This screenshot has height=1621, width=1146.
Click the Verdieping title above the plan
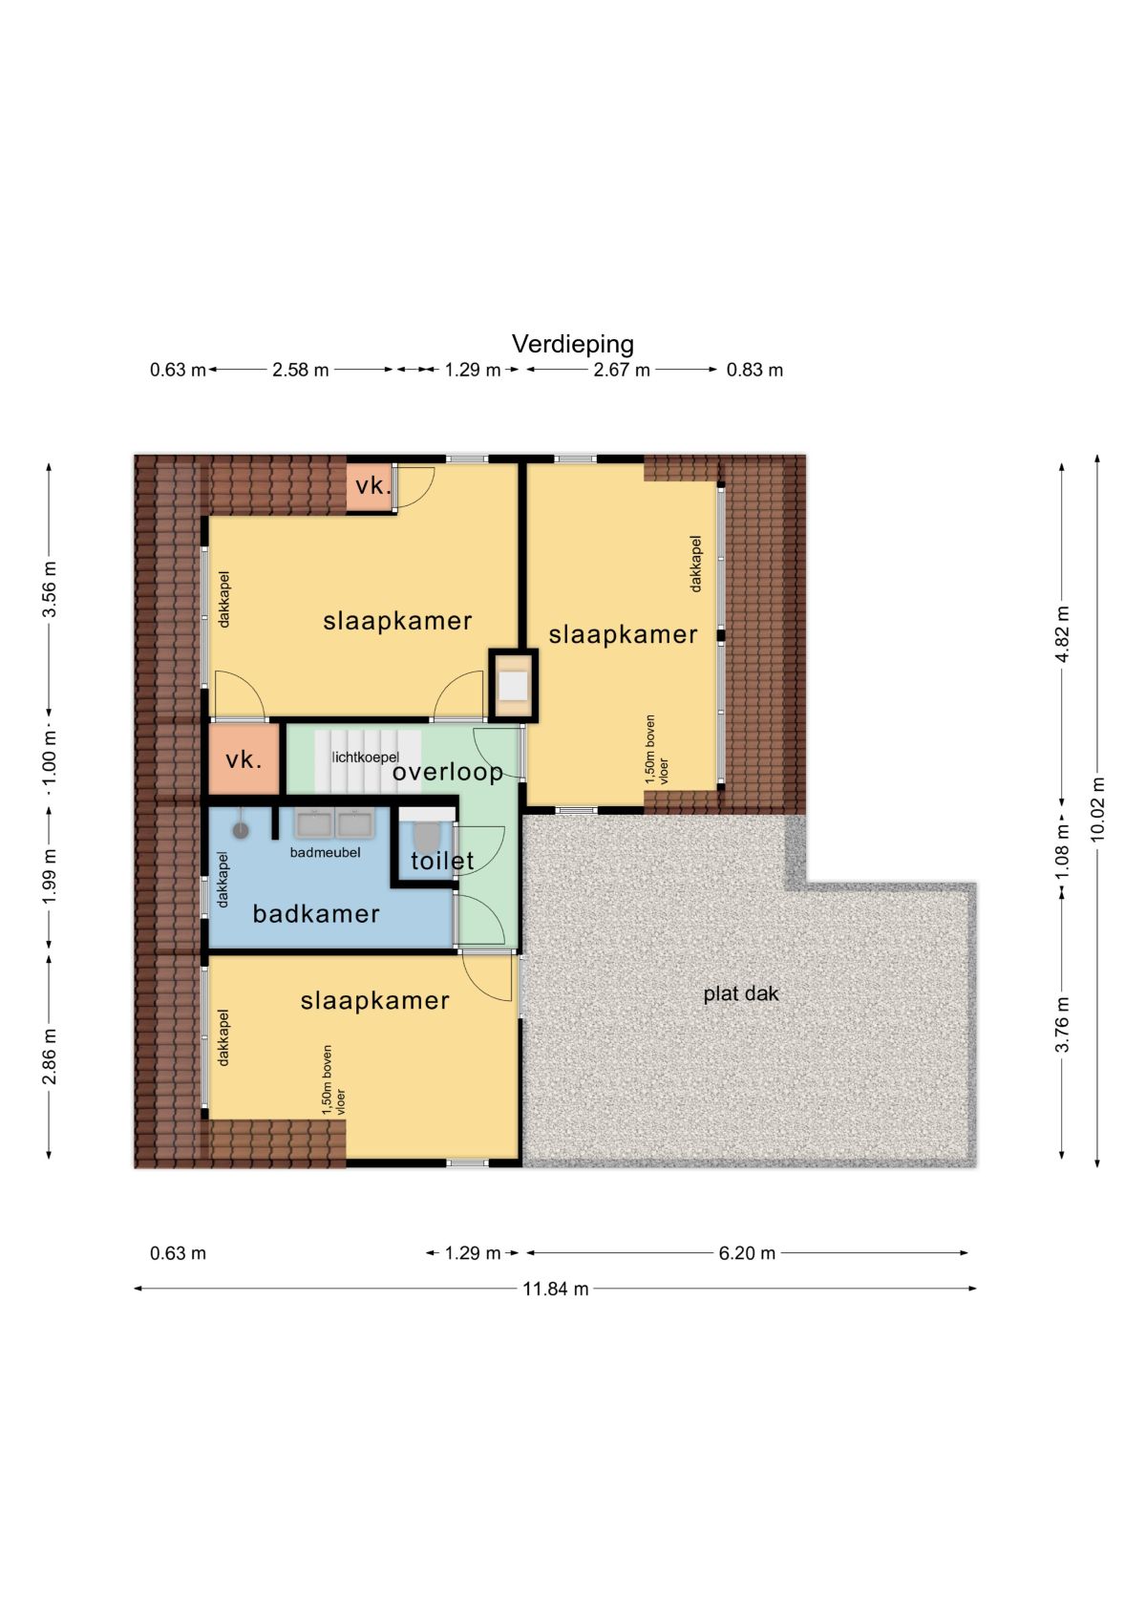572,345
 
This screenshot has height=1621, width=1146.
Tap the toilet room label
442,861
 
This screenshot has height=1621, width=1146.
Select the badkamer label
315,914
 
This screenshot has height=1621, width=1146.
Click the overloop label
447,773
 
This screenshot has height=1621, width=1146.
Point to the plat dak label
741,993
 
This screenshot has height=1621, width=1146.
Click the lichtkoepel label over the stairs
366,757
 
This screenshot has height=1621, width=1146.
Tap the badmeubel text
325,852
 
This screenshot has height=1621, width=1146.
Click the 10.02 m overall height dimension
1097,808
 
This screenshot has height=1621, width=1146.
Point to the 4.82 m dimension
1061,634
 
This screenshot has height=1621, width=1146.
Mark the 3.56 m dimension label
50,588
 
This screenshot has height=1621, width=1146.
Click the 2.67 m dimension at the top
622,370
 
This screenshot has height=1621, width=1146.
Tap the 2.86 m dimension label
50,1057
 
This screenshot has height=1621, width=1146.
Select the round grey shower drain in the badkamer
241,830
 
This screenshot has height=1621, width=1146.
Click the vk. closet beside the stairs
244,759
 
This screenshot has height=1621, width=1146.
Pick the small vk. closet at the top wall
371,486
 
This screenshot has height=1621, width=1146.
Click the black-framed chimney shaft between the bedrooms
513,685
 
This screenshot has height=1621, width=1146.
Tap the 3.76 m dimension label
1061,1025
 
